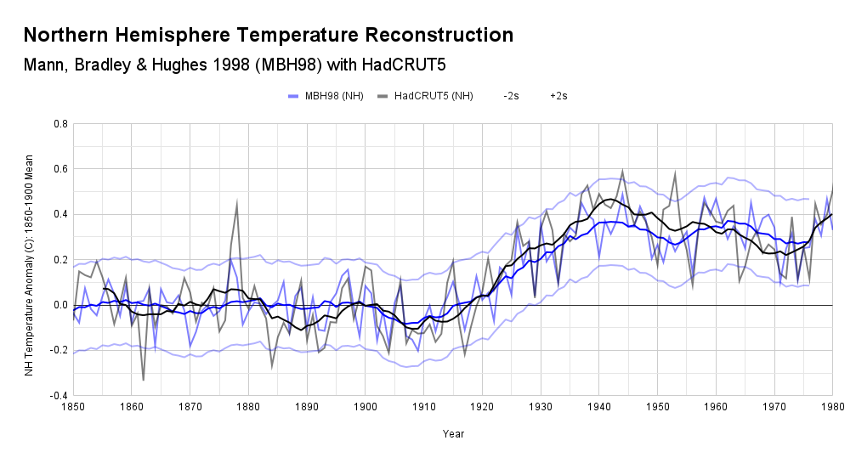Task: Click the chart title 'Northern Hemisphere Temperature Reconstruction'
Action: pos(268,36)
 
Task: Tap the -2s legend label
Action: pos(511,96)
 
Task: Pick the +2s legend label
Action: pos(558,96)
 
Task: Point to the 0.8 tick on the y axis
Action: pos(60,124)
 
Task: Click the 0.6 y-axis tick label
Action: pos(60,169)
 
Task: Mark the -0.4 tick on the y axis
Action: pos(59,396)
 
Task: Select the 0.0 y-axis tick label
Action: pos(60,305)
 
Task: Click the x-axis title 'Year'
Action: pos(453,434)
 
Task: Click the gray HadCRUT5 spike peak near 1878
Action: pos(237,202)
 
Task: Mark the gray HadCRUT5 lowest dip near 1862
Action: pos(143,380)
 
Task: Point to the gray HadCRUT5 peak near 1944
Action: pos(622,171)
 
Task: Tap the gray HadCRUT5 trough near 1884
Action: pos(272,366)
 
